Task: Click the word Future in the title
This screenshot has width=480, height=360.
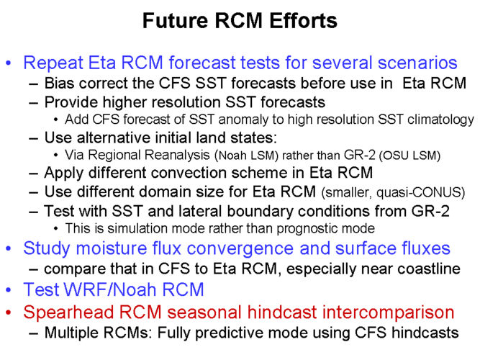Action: pyautogui.click(x=175, y=21)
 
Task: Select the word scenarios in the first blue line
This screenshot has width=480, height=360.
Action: pyautogui.click(x=417, y=63)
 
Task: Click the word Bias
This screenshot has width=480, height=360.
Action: pyautogui.click(x=59, y=83)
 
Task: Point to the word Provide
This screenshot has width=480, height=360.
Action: pyautogui.click(x=71, y=102)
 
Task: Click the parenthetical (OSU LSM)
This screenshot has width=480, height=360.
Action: pyautogui.click(x=409, y=156)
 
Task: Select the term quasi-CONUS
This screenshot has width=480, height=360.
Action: pyautogui.click(x=420, y=192)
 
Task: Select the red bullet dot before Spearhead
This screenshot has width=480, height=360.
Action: pyautogui.click(x=9, y=312)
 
